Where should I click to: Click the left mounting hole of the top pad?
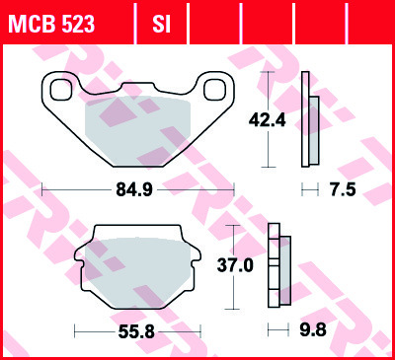click(59, 89)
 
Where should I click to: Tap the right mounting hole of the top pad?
click(212, 90)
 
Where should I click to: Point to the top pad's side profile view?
click(310, 118)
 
